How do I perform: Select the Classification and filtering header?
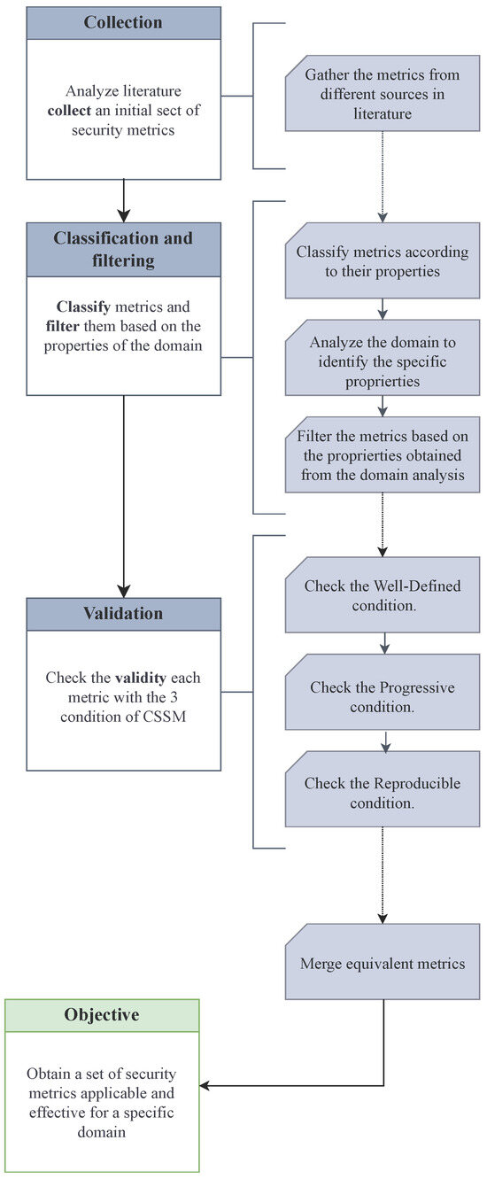coord(123,250)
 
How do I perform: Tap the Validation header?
coord(123,614)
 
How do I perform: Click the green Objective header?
coord(102,1015)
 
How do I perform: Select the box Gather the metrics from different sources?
coord(382,96)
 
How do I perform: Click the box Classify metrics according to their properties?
coord(382,261)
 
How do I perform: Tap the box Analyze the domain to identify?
coord(382,361)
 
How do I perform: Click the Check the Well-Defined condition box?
coord(382,594)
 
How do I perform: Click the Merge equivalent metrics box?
coord(382,963)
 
